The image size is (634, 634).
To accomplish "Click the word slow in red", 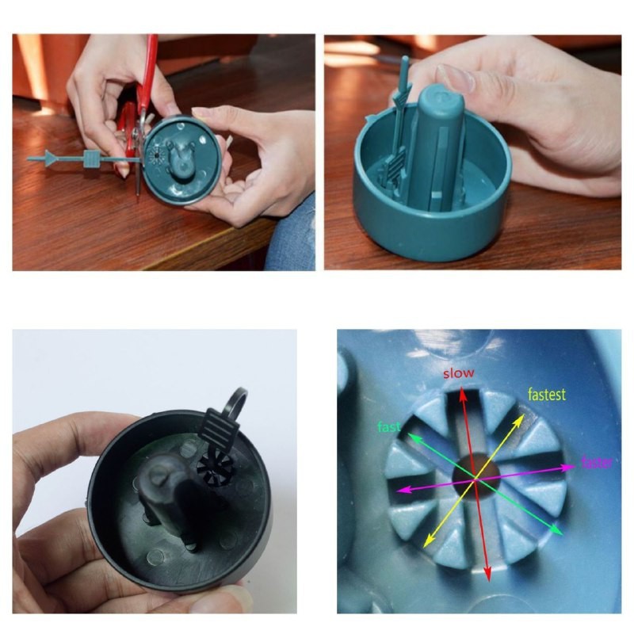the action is coord(459,373).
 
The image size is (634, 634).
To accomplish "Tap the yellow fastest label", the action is coord(547,394).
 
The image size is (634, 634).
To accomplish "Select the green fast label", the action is coord(388,426).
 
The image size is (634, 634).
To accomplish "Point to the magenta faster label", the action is coord(597,462).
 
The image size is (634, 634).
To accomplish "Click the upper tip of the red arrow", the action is coord(462,389).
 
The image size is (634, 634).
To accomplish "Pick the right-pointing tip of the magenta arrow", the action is coord(575,467).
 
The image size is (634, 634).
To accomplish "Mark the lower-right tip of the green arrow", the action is coord(563,534).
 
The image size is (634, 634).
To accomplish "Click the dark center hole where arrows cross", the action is coord(475,473).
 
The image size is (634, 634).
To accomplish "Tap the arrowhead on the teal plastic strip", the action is coord(51,158).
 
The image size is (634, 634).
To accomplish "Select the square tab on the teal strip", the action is coord(91,158).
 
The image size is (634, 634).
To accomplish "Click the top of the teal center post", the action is coord(440,101).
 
